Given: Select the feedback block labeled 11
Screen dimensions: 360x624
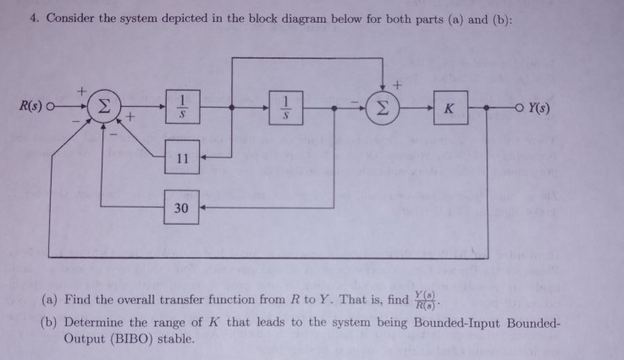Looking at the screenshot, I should pyautogui.click(x=182, y=158).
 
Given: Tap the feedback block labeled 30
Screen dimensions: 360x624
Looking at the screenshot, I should pyautogui.click(x=182, y=208).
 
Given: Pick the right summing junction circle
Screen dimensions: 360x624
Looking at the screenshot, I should pyautogui.click(x=382, y=110).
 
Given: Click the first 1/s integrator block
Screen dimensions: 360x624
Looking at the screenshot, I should pyautogui.click(x=182, y=110).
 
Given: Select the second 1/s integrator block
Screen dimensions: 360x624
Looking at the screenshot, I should pyautogui.click(x=289, y=110).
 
